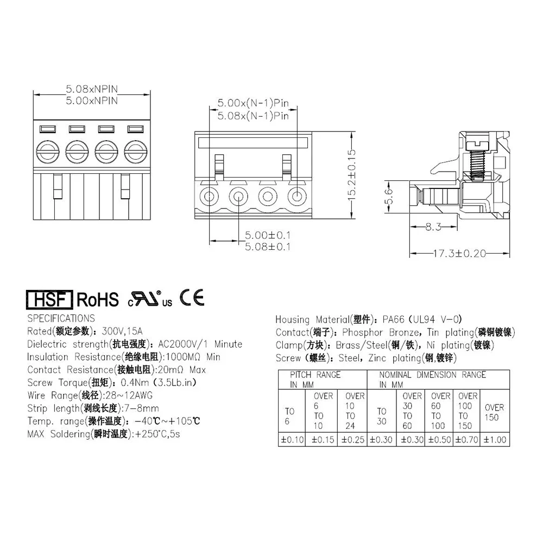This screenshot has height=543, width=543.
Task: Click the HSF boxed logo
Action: pos(49,299)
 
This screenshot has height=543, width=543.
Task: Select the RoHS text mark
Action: pos(98,299)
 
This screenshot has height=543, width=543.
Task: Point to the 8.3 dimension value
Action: pos(433,228)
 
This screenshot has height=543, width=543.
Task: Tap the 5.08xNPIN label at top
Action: pos(92,88)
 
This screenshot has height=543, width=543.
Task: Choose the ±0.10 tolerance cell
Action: pos(292,440)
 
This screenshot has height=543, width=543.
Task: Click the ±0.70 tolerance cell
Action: pos(466,440)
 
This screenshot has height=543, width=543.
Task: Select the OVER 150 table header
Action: pos(494,412)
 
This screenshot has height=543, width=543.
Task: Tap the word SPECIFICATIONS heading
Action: pos(61,318)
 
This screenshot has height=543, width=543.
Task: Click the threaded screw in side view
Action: pos(476,160)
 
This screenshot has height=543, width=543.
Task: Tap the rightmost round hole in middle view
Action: pos(296,196)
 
